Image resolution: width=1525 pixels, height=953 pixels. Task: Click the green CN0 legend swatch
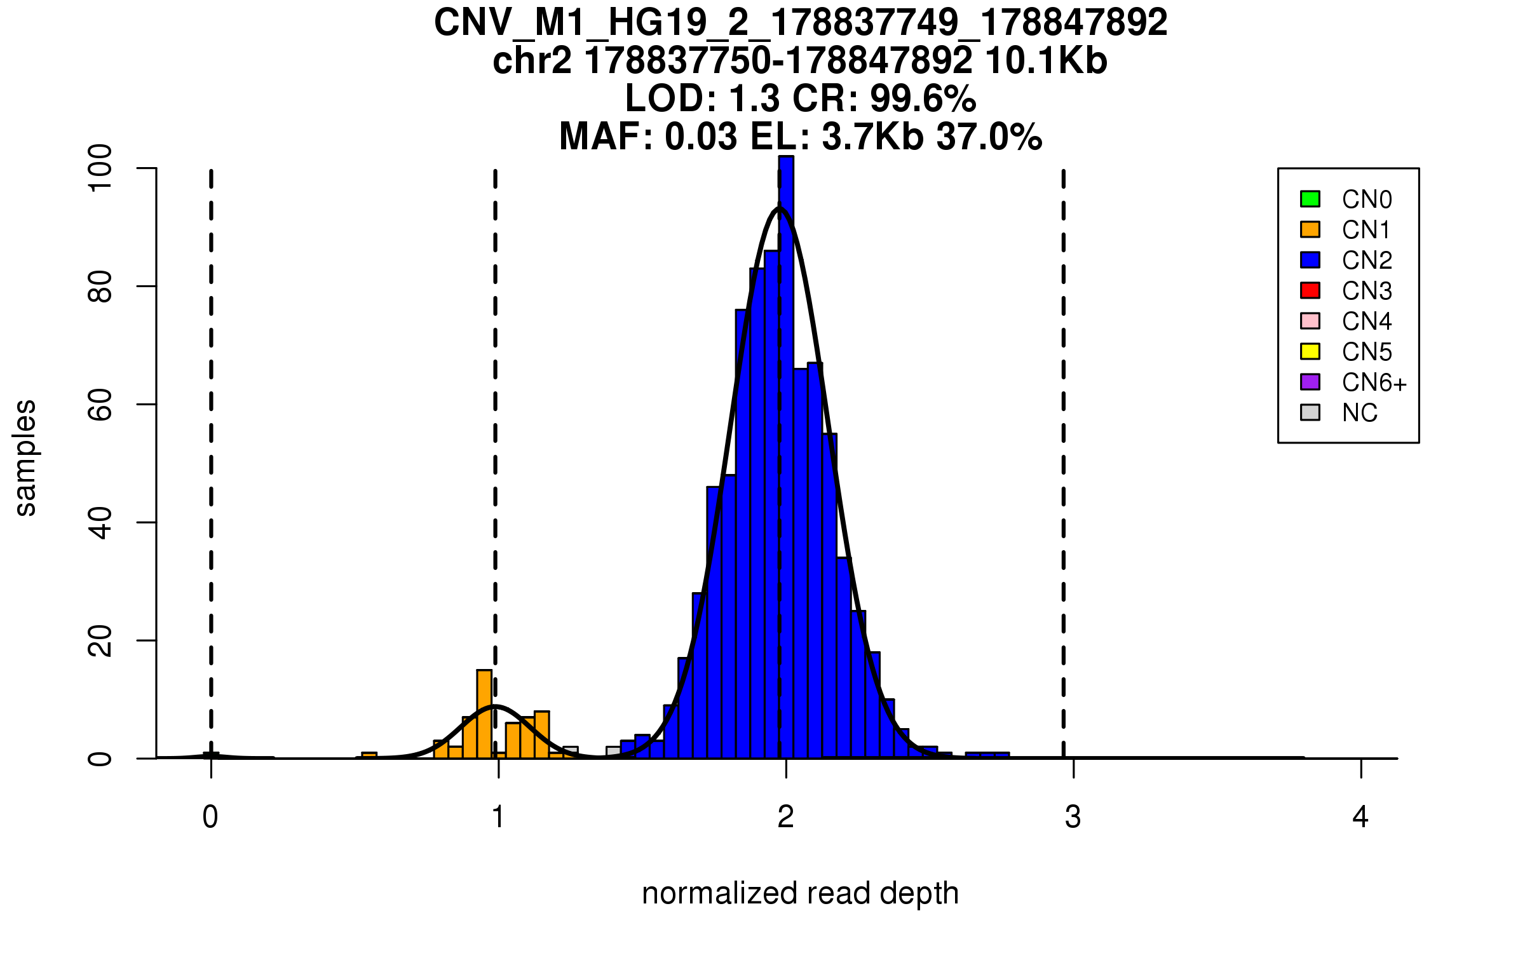coord(1310,199)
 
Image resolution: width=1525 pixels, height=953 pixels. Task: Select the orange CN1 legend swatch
coord(1310,229)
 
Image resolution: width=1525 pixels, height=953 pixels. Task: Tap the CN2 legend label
coord(1367,260)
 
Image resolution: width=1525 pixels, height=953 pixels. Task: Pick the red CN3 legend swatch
coord(1310,290)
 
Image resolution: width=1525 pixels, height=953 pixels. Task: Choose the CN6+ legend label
coord(1374,382)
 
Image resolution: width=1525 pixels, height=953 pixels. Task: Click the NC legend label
coord(1360,413)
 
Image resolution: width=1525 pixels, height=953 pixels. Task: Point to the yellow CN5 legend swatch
coord(1310,351)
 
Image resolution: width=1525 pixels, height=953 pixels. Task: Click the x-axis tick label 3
coord(1073,817)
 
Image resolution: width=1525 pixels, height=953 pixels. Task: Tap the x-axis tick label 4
coord(1360,817)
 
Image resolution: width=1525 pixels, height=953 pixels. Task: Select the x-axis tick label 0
coord(210,817)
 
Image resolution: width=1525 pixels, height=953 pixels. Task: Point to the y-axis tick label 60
coord(100,405)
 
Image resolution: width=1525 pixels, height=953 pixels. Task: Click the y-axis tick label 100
coord(100,168)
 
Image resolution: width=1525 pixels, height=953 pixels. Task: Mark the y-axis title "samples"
coord(25,458)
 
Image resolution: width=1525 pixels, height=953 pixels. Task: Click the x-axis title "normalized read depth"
coord(800,893)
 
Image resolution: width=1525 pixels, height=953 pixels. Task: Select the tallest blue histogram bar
coord(786,457)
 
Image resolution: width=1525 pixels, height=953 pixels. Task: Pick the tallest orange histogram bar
coord(484,714)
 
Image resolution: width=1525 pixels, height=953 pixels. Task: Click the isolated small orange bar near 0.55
coord(369,755)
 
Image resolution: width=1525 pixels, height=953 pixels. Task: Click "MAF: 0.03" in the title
coord(649,137)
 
